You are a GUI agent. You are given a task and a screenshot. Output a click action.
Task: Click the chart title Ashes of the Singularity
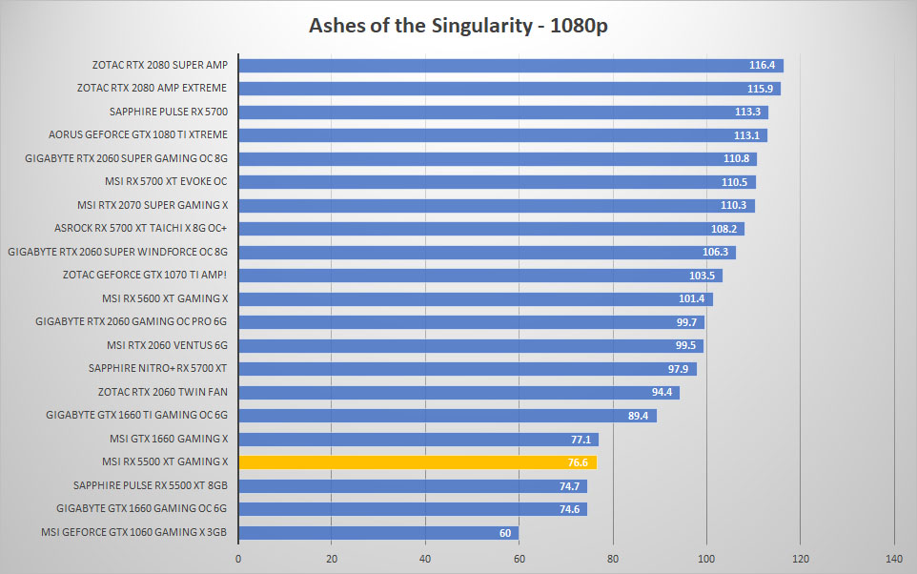(x=420, y=26)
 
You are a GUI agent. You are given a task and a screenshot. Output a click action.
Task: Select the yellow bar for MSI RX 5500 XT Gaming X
(x=418, y=462)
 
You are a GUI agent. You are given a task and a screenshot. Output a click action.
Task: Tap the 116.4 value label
(x=762, y=65)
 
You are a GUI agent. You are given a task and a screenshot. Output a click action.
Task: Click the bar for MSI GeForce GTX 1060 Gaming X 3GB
(x=378, y=532)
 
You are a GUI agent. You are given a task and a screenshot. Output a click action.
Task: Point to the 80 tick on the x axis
(x=612, y=559)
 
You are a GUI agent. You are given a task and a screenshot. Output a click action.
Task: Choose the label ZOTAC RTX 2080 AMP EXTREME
(x=153, y=88)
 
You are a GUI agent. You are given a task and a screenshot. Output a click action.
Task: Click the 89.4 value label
(x=638, y=416)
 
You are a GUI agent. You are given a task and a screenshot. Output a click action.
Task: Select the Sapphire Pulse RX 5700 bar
(x=503, y=112)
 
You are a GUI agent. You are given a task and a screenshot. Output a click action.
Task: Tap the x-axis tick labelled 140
(x=893, y=559)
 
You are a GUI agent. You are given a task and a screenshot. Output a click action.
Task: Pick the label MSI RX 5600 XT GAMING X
(x=165, y=298)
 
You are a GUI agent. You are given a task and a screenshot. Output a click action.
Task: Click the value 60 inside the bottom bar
(x=505, y=533)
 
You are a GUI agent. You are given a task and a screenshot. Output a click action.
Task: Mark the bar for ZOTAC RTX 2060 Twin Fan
(x=459, y=392)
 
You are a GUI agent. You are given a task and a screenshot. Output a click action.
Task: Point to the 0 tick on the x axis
(x=238, y=559)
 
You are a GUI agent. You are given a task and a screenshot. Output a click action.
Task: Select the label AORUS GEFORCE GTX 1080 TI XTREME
(x=138, y=134)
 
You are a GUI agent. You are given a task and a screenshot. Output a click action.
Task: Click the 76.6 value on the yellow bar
(x=578, y=462)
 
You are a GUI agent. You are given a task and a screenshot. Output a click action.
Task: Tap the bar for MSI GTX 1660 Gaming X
(x=418, y=439)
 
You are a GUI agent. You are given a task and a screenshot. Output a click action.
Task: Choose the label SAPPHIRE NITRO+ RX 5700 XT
(x=157, y=369)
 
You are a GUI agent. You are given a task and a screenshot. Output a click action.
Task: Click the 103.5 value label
(x=702, y=276)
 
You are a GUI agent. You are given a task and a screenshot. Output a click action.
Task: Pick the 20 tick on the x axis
(x=332, y=559)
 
